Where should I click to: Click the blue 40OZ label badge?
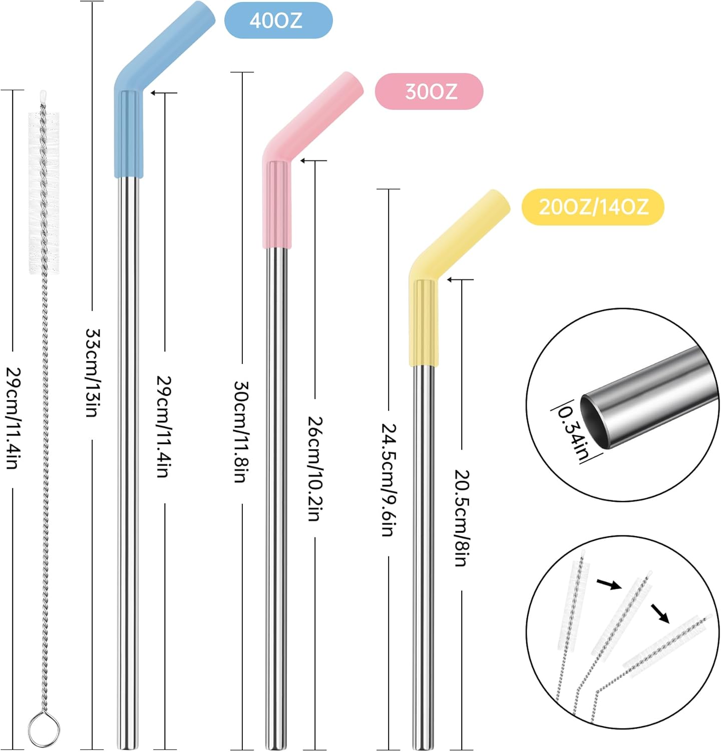(x=278, y=21)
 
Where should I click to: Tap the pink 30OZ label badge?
(x=429, y=91)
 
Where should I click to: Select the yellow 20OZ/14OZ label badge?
(x=593, y=207)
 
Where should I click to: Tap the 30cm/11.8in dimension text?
(x=242, y=432)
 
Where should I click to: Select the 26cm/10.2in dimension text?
(x=315, y=468)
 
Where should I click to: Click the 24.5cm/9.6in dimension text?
(x=389, y=480)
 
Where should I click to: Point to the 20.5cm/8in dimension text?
(x=461, y=518)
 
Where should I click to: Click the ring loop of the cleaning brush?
(x=44, y=728)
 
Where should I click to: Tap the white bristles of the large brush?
(x=44, y=193)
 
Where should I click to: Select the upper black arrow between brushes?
(x=609, y=584)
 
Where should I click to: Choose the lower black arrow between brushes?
(x=660, y=613)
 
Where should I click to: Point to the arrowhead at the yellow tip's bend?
(x=450, y=279)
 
